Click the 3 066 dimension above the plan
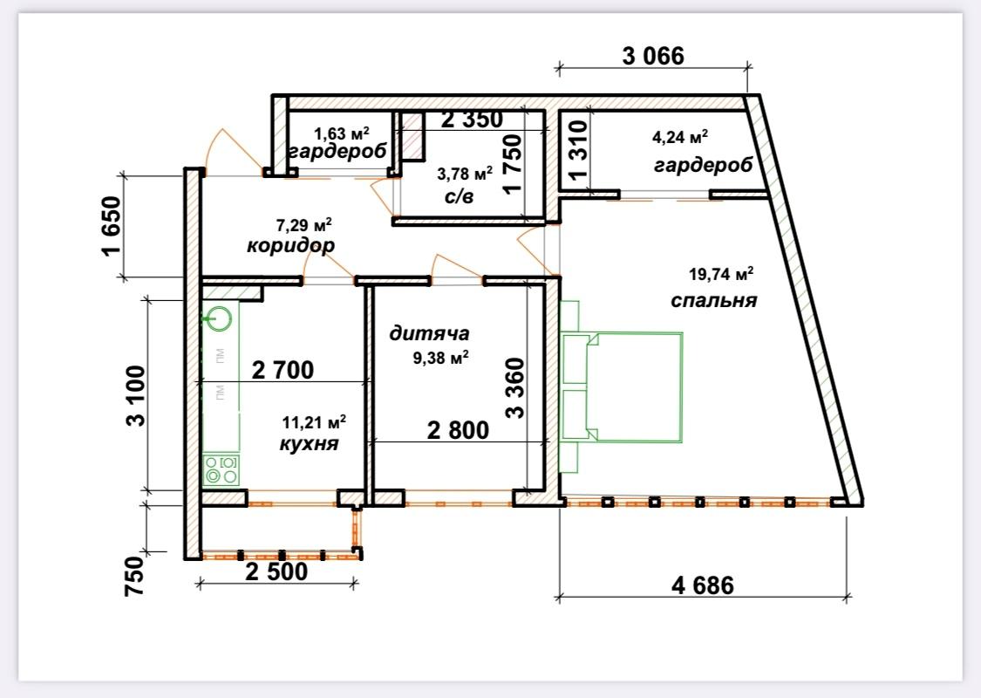[653, 56]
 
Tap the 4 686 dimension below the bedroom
[703, 585]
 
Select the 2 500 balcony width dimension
[276, 571]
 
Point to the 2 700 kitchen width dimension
[283, 370]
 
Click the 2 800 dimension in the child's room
[458, 430]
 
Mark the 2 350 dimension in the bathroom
[472, 119]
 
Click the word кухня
[309, 444]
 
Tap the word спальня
[714, 300]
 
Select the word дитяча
[429, 333]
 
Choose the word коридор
[291, 245]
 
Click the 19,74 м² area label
[721, 274]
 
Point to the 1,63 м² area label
[342, 133]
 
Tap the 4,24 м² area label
[680, 136]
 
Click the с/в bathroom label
[459, 196]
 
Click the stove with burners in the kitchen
[221, 470]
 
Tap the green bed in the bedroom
[623, 387]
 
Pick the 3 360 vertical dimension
[515, 387]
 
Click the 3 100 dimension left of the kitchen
[135, 396]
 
